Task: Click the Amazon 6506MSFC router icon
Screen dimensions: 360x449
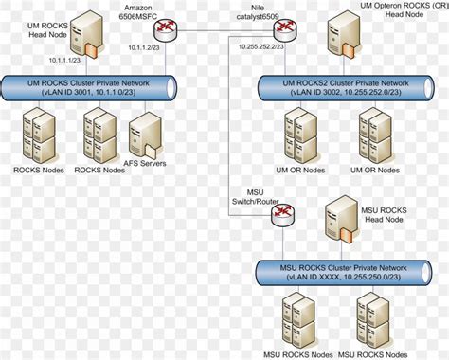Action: [x=167, y=30]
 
